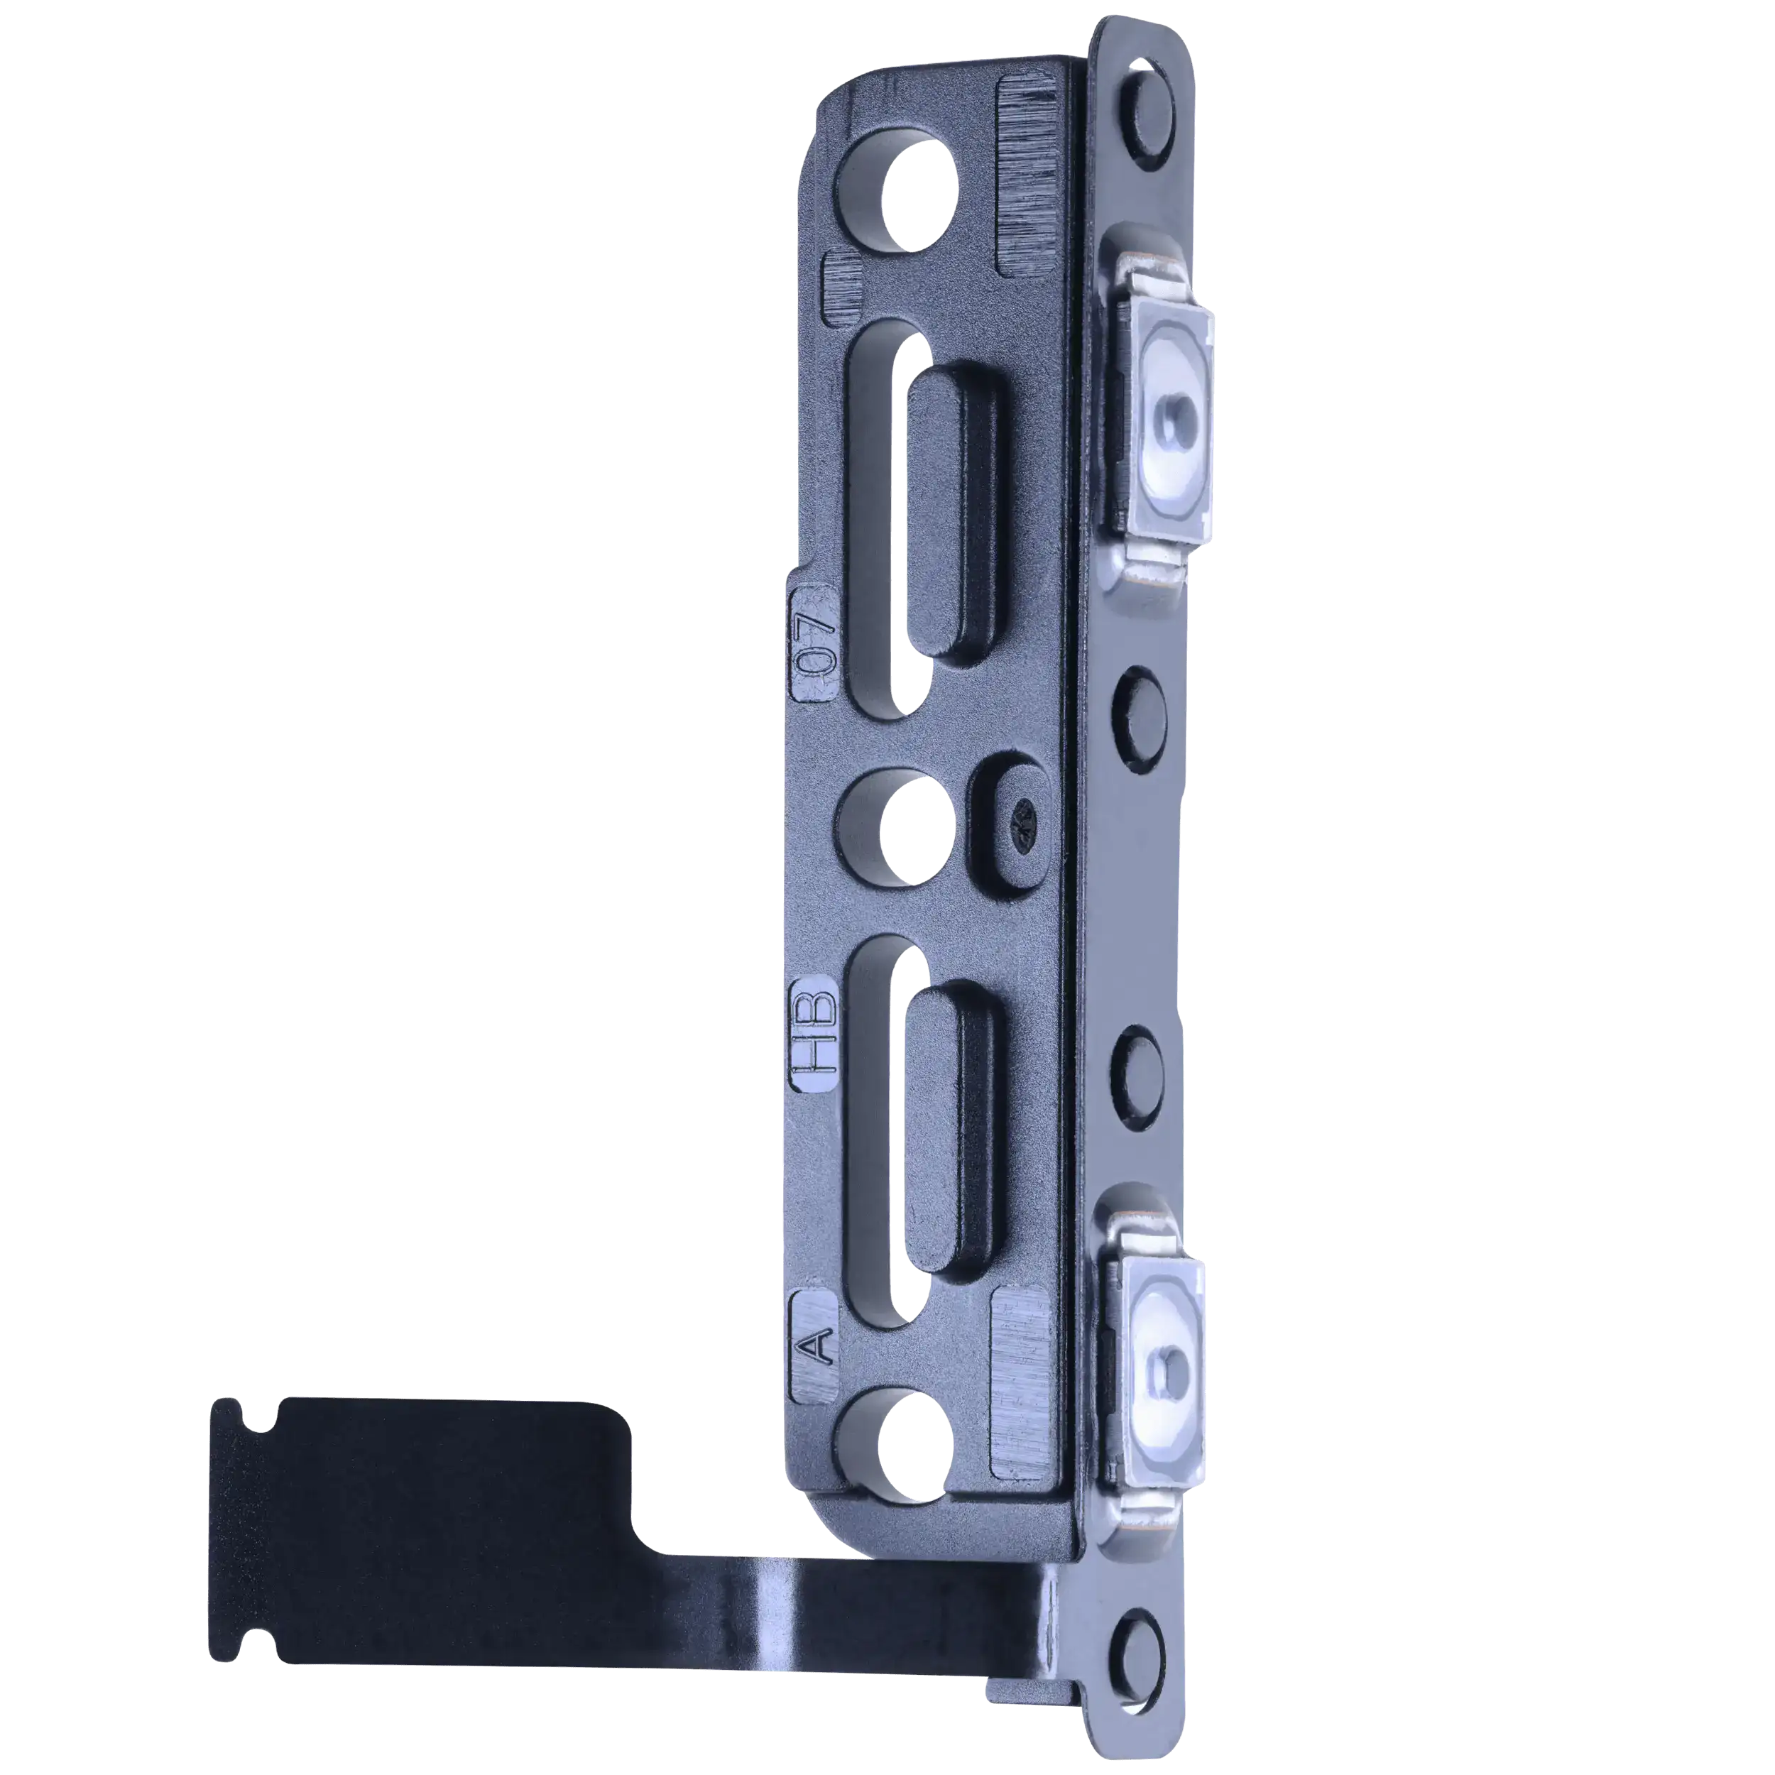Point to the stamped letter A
[813, 1346]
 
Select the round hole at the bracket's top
[919, 194]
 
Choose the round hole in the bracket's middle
[915, 828]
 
